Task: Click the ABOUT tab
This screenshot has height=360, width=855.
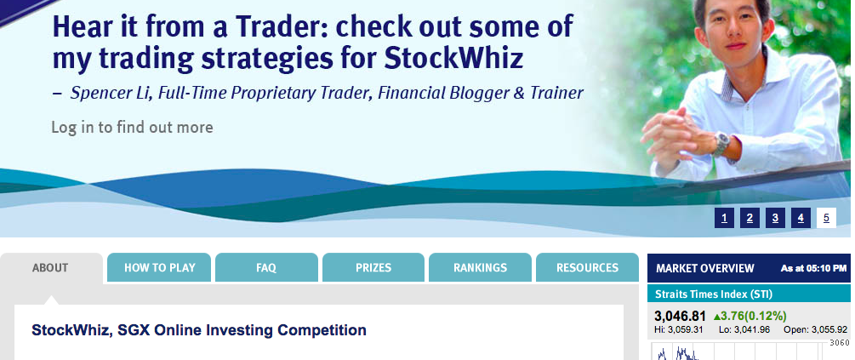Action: click(51, 268)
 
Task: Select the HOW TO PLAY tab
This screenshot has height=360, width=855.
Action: click(159, 268)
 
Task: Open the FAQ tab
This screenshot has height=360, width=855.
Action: click(266, 268)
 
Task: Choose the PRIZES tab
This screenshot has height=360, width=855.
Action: click(373, 268)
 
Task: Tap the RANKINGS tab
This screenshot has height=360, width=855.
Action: click(480, 268)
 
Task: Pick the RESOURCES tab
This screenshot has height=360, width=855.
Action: click(587, 268)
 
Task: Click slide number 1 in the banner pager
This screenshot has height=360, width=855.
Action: click(724, 218)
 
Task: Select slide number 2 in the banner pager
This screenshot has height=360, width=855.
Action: click(750, 218)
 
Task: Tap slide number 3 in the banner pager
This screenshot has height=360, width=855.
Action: click(775, 218)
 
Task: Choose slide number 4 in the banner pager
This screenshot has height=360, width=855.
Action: click(801, 218)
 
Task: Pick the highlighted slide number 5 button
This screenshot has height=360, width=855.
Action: click(826, 218)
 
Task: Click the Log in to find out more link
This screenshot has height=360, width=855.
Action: click(132, 128)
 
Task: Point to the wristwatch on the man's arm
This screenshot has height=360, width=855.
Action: click(721, 144)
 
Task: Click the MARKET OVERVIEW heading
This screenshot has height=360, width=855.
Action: click(705, 268)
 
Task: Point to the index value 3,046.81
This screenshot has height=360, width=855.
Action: click(680, 316)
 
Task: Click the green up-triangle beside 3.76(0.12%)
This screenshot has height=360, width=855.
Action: click(716, 317)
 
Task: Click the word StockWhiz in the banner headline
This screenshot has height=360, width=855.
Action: click(453, 60)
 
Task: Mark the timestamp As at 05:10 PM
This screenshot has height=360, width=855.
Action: click(814, 268)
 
